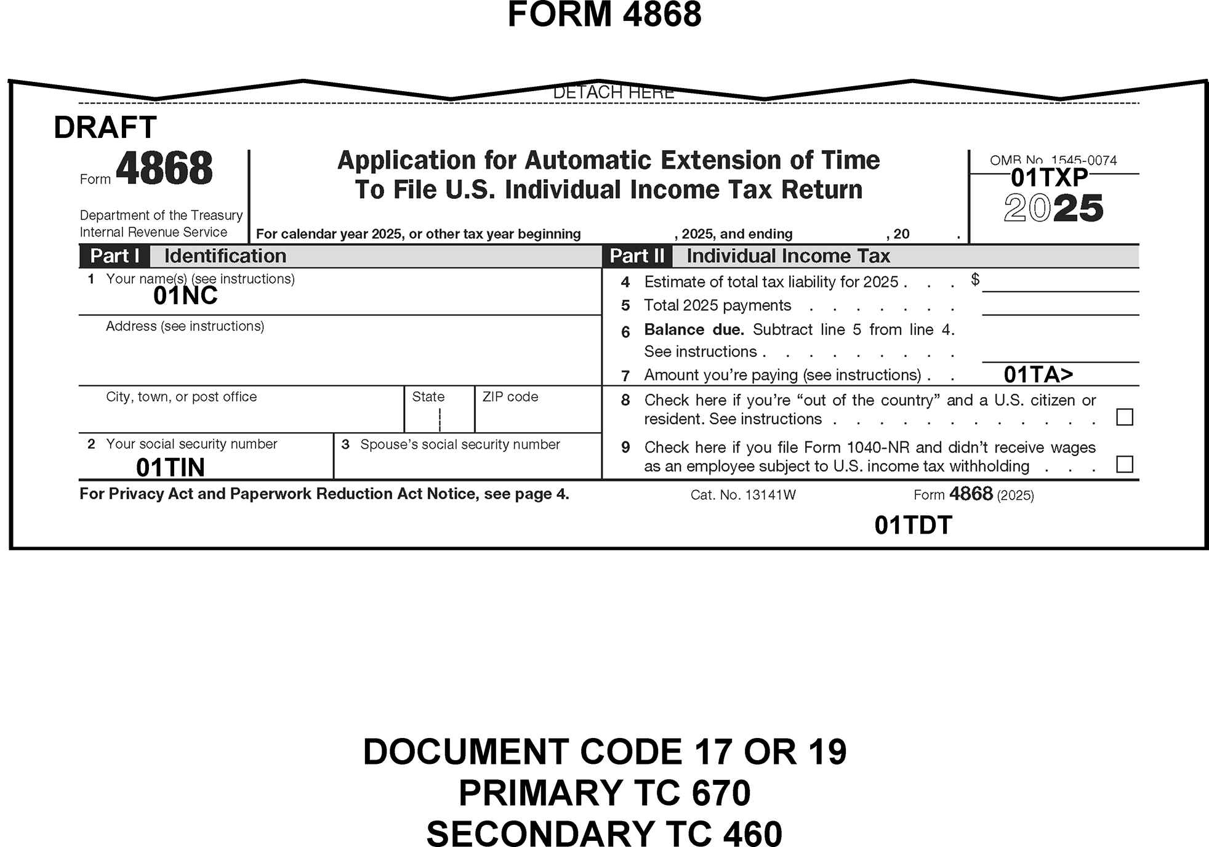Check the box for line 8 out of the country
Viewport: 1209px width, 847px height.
[x=1124, y=417]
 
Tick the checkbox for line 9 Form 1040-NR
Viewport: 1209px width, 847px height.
[x=1124, y=464]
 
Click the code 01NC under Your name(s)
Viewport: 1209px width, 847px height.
[x=185, y=296]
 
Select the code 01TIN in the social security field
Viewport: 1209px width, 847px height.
[x=171, y=468]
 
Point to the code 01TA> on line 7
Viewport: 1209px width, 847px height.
[x=1038, y=374]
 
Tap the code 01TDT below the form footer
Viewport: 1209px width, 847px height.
[x=913, y=525]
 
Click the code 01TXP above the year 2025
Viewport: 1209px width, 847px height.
[x=1050, y=178]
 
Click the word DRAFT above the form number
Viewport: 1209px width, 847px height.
[x=105, y=128]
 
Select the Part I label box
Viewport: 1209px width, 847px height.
[x=114, y=256]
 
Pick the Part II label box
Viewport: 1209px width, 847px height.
[x=637, y=256]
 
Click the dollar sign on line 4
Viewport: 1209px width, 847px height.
[x=975, y=279]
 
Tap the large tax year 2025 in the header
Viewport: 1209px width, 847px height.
[x=1053, y=209]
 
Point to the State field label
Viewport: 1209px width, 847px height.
[x=428, y=397]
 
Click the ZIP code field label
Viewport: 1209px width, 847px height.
[x=510, y=397]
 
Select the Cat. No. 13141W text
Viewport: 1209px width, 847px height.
[x=743, y=495]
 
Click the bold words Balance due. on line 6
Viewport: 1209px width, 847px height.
[x=694, y=330]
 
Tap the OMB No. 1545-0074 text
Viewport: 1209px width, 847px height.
[x=1053, y=161]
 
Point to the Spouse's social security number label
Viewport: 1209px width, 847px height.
[x=460, y=444]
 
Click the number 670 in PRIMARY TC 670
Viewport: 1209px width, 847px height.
[x=721, y=793]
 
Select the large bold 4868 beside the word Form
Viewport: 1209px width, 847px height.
[x=164, y=169]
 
